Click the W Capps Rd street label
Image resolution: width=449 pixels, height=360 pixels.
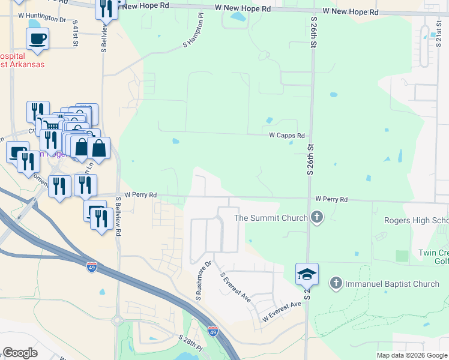(286, 136)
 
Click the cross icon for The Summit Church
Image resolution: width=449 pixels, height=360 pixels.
(317, 218)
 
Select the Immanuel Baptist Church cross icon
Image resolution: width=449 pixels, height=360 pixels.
(336, 283)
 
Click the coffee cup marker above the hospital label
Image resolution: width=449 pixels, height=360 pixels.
(37, 39)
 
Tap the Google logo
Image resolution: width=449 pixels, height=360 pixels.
(20, 352)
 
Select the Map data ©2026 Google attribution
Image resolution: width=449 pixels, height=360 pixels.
(411, 355)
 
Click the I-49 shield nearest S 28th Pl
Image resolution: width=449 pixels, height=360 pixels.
(212, 331)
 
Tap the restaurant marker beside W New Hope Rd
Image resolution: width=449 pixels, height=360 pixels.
(106, 8)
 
